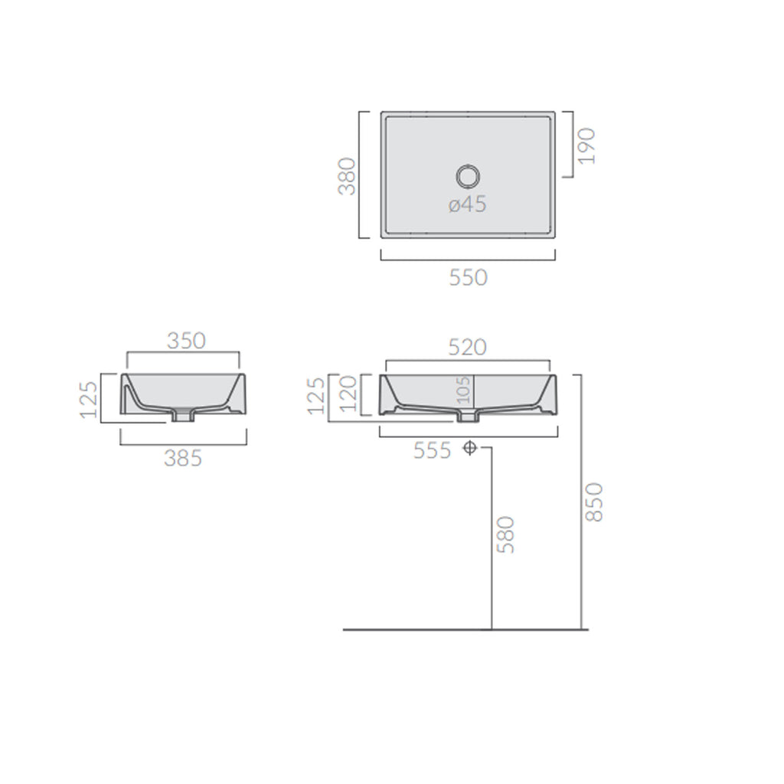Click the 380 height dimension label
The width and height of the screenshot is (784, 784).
(x=347, y=176)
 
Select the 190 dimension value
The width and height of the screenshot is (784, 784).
(x=587, y=145)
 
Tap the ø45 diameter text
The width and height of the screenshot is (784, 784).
(x=467, y=205)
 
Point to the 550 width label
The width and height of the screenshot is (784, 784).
(x=467, y=277)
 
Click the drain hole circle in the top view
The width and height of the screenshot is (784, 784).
(x=467, y=176)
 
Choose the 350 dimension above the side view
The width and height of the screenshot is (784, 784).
(x=186, y=340)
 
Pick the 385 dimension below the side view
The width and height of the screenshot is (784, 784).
(x=183, y=459)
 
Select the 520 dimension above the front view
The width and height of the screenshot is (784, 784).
(x=467, y=347)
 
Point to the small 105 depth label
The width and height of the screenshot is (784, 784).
(x=461, y=390)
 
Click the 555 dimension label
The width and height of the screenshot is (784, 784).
(x=433, y=451)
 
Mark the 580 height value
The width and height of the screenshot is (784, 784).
(x=505, y=534)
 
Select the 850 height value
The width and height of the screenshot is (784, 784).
(x=595, y=501)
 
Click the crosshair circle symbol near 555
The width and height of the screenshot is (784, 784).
(x=470, y=449)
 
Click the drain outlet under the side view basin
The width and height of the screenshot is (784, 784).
(x=183, y=416)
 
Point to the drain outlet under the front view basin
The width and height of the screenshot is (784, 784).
(x=468, y=417)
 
